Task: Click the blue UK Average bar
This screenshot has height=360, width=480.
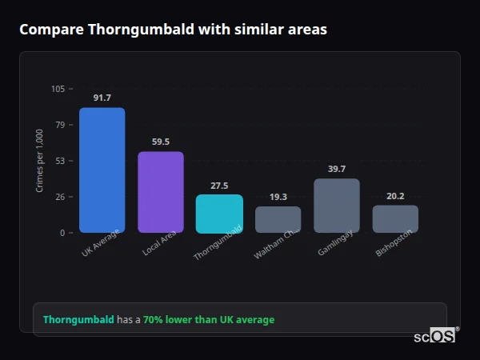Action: point(102,170)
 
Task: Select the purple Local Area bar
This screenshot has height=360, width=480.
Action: point(160,192)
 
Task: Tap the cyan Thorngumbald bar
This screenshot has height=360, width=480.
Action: point(219,214)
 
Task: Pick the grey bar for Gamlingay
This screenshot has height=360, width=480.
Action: point(337,206)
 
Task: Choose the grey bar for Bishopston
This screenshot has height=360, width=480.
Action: point(395,219)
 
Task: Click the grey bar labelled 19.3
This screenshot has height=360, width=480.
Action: point(278,219)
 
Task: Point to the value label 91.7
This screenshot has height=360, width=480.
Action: point(102,98)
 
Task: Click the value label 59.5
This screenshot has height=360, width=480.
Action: point(160,142)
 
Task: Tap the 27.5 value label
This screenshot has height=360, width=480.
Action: point(219,186)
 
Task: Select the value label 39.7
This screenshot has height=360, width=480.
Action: point(337,170)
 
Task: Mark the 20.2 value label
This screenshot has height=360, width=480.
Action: point(395,196)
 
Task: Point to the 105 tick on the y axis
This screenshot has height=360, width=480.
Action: point(58,89)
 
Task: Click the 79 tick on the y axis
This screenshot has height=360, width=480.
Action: point(61,125)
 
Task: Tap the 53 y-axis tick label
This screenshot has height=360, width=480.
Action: point(61,161)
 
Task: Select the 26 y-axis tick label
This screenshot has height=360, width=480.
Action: point(61,197)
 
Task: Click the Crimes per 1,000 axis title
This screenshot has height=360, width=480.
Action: point(40,161)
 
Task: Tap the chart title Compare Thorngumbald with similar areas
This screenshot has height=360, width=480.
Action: point(173,30)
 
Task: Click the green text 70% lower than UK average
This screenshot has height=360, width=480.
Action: point(209,320)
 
